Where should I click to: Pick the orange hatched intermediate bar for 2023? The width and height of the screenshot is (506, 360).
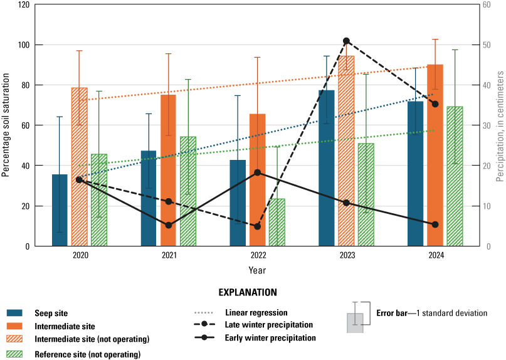[x=346, y=151]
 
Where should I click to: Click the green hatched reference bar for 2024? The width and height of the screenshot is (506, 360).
[x=455, y=176]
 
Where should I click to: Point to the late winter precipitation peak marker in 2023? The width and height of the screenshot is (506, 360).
[x=346, y=41]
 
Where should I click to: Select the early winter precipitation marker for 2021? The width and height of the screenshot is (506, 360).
[x=168, y=225]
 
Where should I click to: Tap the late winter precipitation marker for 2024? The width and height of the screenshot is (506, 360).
[x=435, y=104]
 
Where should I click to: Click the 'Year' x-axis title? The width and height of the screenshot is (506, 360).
[x=256, y=270]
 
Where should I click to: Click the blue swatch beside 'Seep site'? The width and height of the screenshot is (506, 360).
[x=23, y=313]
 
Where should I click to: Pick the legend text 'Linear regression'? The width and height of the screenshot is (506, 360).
[x=256, y=312]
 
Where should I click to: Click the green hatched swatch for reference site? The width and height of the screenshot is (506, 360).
[x=23, y=354]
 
